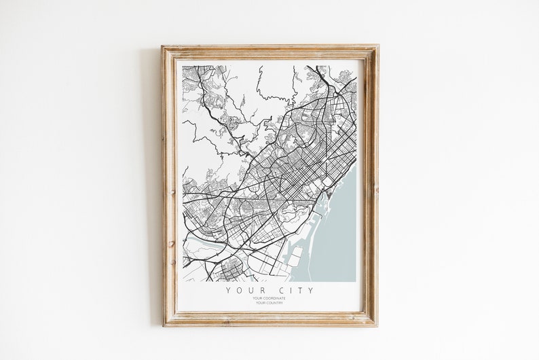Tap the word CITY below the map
coord(293,290)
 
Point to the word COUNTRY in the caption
coord(274,303)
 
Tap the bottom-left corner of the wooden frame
coord(163,325)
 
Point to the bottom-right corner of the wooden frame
coord(377,325)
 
